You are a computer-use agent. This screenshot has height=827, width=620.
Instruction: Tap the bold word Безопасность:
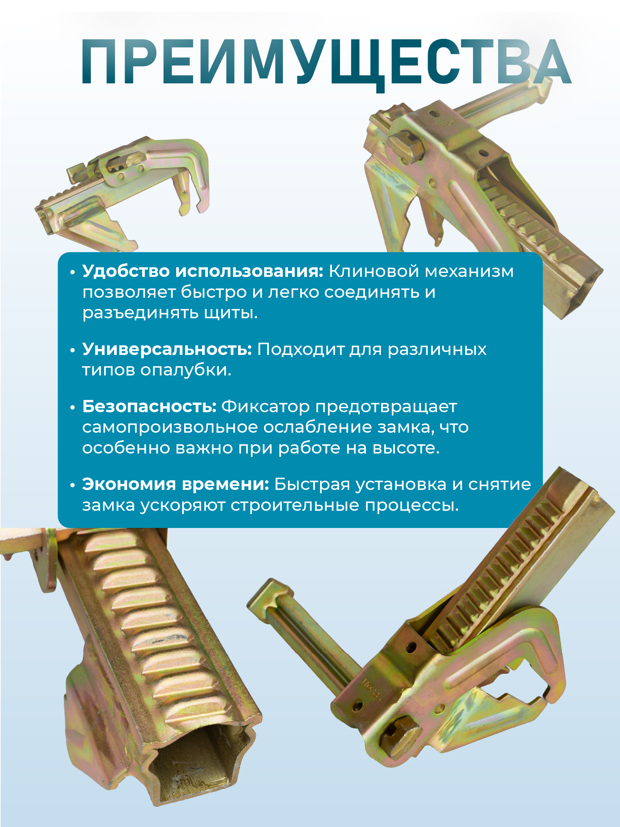point(149,407)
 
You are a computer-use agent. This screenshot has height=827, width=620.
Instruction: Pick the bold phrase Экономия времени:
point(175,485)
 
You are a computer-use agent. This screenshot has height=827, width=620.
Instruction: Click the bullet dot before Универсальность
point(72,350)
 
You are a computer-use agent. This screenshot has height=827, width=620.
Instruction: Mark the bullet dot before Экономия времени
point(72,485)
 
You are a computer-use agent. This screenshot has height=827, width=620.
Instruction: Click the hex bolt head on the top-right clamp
point(405,144)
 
